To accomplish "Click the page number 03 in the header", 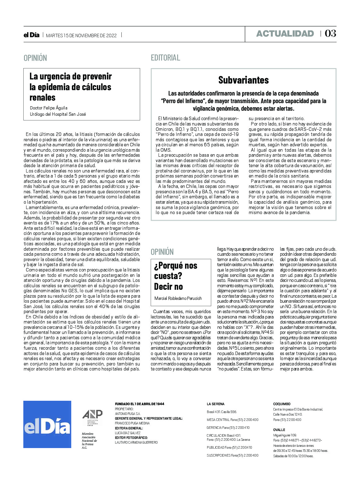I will (x=330, y=33).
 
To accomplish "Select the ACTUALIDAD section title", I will (x=285, y=34).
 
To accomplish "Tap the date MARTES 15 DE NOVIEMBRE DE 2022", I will (x=81, y=36).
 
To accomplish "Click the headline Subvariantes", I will (x=243, y=80).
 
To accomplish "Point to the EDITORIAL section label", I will (x=165, y=58).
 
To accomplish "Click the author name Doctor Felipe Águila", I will (x=49, y=108).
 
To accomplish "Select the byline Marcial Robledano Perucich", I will (x=178, y=298).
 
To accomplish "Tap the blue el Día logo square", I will (x=47, y=424).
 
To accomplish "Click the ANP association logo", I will (x=92, y=417).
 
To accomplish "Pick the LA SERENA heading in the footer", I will (x=216, y=404).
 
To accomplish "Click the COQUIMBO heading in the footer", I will (x=282, y=404).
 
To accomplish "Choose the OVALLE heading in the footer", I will (x=279, y=430).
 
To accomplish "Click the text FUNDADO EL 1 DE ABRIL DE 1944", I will (x=139, y=404).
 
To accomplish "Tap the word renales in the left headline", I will (x=43, y=97).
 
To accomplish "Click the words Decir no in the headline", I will (x=168, y=287).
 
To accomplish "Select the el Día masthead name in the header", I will (x=32, y=35).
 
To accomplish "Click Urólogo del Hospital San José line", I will (x=58, y=114).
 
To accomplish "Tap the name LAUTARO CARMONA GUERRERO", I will (x=136, y=442).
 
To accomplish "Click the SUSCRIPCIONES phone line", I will (x=232, y=455).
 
